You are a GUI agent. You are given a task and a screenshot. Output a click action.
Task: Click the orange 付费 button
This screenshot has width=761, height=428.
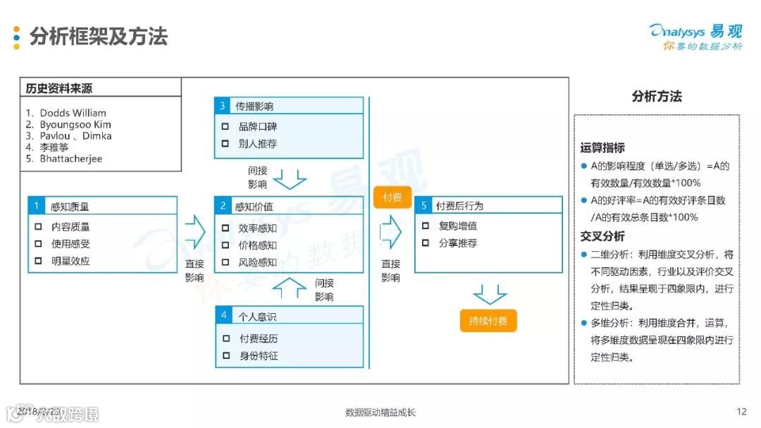(x=392, y=197)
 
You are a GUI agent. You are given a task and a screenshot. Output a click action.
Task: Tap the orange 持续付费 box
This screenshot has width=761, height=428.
(x=488, y=321)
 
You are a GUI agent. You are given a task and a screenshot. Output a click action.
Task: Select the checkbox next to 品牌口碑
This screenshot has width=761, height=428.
(x=225, y=127)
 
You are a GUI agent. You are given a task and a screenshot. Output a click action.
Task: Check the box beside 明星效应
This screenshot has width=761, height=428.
(x=39, y=261)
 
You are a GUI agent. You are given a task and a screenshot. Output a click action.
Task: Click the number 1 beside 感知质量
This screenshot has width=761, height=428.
(x=36, y=207)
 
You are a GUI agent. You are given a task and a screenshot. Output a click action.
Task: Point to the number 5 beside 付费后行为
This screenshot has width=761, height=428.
(x=423, y=206)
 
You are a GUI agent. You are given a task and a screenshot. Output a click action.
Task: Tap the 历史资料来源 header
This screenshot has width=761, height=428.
(x=59, y=89)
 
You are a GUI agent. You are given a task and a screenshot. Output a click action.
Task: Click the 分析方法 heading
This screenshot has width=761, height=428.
(x=656, y=97)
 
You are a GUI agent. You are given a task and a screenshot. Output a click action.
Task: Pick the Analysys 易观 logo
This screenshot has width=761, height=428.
(x=695, y=35)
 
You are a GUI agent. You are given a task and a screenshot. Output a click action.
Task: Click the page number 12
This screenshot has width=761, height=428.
(x=741, y=412)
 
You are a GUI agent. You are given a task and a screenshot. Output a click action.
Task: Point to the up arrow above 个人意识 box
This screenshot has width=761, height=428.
(x=290, y=286)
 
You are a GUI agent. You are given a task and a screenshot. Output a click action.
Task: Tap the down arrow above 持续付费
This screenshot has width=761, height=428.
(x=490, y=293)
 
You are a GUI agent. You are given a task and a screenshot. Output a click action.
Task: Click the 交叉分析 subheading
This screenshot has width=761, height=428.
(x=602, y=236)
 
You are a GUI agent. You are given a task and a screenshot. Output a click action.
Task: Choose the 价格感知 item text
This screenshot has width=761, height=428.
(x=257, y=245)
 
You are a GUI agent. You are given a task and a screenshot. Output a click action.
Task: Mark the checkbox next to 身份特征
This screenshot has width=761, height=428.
(x=225, y=355)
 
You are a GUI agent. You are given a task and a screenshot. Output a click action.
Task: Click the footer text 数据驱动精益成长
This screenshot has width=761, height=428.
(x=380, y=412)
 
